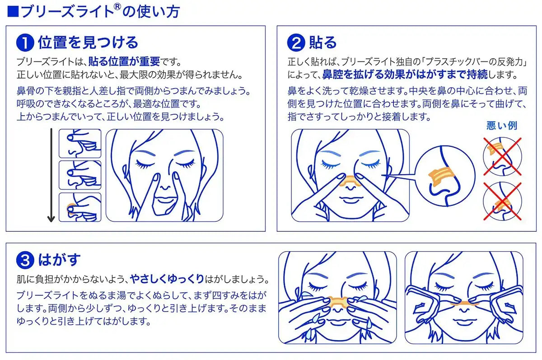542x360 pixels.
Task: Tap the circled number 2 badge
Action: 296,43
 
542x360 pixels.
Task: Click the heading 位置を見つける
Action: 88,42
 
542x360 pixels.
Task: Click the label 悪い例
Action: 501,126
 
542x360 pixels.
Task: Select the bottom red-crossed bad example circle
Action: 502,201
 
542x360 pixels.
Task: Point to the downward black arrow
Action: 51,176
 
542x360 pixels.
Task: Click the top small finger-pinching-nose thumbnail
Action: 80,144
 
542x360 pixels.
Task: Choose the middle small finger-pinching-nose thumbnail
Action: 80,175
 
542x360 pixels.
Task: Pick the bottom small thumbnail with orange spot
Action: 80,207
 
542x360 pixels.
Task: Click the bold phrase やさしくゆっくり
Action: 167,278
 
